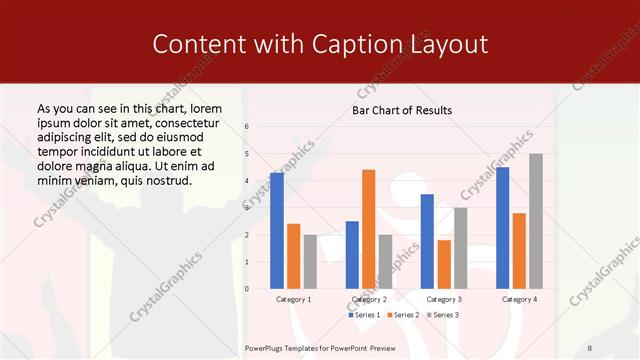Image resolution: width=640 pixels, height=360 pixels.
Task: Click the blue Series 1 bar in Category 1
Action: click(277, 231)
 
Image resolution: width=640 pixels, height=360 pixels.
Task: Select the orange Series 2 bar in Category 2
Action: click(368, 229)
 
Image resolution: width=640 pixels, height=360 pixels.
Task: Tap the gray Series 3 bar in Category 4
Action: click(536, 221)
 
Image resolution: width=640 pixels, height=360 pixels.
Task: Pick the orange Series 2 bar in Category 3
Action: click(444, 264)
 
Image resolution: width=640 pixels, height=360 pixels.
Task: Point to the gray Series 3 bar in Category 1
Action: click(310, 262)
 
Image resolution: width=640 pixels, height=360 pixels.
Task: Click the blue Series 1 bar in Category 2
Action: click(352, 255)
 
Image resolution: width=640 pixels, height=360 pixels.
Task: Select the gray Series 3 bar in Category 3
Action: click(460, 248)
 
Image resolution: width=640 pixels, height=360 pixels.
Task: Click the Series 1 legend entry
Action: click(365, 315)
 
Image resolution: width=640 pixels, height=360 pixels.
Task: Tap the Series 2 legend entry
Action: click(403, 315)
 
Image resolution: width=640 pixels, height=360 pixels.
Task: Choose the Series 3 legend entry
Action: click(443, 315)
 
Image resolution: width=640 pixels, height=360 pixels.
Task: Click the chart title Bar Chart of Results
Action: click(402, 110)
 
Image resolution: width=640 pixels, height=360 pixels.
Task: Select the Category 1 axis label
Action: click(293, 299)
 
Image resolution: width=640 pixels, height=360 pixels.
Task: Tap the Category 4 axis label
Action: click(519, 299)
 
